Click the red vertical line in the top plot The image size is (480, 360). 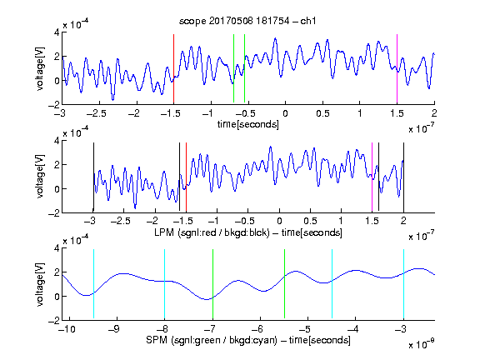click(173, 68)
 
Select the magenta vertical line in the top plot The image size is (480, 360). click(397, 68)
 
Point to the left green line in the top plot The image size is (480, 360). click(233, 68)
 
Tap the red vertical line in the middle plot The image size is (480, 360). click(186, 177)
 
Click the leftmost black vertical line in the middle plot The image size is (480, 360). click(93, 177)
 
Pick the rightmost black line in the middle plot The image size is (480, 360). click(403, 177)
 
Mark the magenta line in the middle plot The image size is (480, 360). click(372, 177)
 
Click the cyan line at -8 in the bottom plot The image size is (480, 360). click(165, 284)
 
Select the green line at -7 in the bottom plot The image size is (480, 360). click(212, 284)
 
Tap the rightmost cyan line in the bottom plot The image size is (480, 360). click(403, 284)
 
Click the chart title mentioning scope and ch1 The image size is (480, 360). click(247, 21)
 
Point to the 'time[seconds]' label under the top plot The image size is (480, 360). click(248, 124)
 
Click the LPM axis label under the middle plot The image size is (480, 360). click(248, 232)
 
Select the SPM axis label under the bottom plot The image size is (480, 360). click(248, 340)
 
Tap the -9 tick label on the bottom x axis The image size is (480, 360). click(114, 329)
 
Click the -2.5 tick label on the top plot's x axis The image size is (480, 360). click(97, 113)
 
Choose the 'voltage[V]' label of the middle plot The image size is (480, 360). click(40, 177)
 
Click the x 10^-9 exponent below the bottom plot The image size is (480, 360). click(422, 344)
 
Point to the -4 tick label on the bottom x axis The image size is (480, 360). click(353, 329)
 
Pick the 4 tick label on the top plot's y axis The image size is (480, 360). click(57, 32)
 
